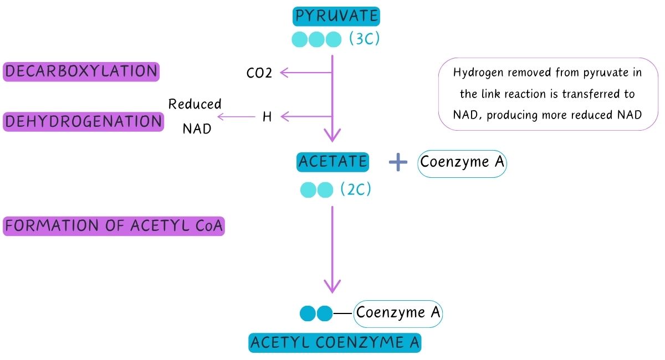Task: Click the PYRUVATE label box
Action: pyautogui.click(x=336, y=17)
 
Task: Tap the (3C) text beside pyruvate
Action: pyautogui.click(x=364, y=39)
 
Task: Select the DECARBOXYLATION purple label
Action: pyautogui.click(x=81, y=71)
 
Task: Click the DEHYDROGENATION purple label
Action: pyautogui.click(x=84, y=121)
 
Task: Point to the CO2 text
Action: pyautogui.click(x=259, y=73)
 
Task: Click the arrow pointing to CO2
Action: pyautogui.click(x=305, y=72)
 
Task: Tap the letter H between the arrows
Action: pyautogui.click(x=267, y=117)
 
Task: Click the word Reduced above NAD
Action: pyautogui.click(x=195, y=104)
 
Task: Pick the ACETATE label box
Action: pyautogui.click(x=332, y=162)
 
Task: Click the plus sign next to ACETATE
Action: pyautogui.click(x=398, y=162)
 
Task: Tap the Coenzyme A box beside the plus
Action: pyautogui.click(x=462, y=163)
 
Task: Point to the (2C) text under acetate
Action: pyautogui.click(x=355, y=190)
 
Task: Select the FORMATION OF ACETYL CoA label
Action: pyautogui.click(x=114, y=226)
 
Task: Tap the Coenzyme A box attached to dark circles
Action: pyautogui.click(x=398, y=313)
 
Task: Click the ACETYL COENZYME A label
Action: pyautogui.click(x=335, y=343)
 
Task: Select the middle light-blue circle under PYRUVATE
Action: pyautogui.click(x=316, y=40)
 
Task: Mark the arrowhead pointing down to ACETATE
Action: pyautogui.click(x=332, y=135)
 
